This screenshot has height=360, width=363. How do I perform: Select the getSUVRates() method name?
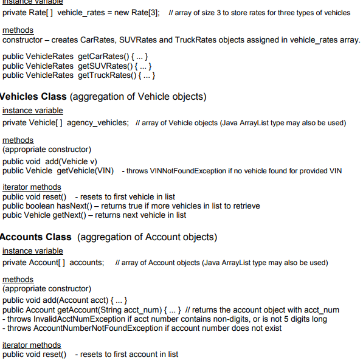(x=104, y=66)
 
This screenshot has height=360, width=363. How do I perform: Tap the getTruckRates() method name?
(x=106, y=75)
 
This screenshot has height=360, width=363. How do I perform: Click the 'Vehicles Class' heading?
(x=33, y=97)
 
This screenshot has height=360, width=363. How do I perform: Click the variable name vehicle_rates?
(x=82, y=13)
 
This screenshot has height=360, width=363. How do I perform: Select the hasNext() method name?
(x=78, y=206)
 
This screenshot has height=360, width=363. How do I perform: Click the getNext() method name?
(x=68, y=215)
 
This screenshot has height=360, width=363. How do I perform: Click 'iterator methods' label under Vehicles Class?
(x=32, y=187)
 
